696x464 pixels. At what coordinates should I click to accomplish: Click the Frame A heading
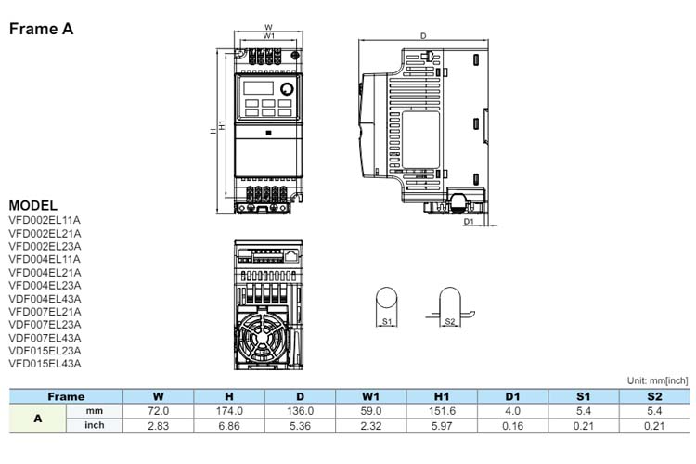41,29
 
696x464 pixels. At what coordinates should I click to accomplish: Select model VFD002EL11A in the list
45,220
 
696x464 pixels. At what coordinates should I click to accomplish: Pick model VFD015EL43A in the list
45,364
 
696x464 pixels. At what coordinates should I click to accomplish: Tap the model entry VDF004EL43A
45,299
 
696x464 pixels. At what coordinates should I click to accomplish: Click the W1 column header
370,396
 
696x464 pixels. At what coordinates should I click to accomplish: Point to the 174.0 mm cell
229,411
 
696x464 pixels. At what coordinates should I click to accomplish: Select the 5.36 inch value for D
300,426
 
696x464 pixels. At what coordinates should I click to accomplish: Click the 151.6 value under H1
442,411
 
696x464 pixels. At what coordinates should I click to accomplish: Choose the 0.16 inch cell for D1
512,426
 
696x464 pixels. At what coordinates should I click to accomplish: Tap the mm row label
94,411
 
